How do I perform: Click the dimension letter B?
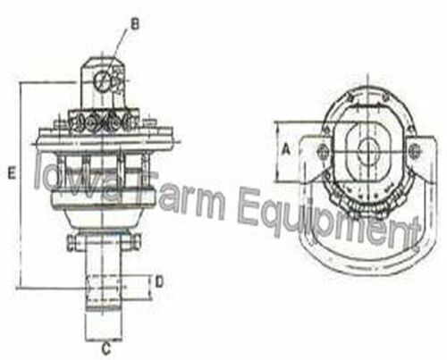pyautogui.click(x=135, y=25)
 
